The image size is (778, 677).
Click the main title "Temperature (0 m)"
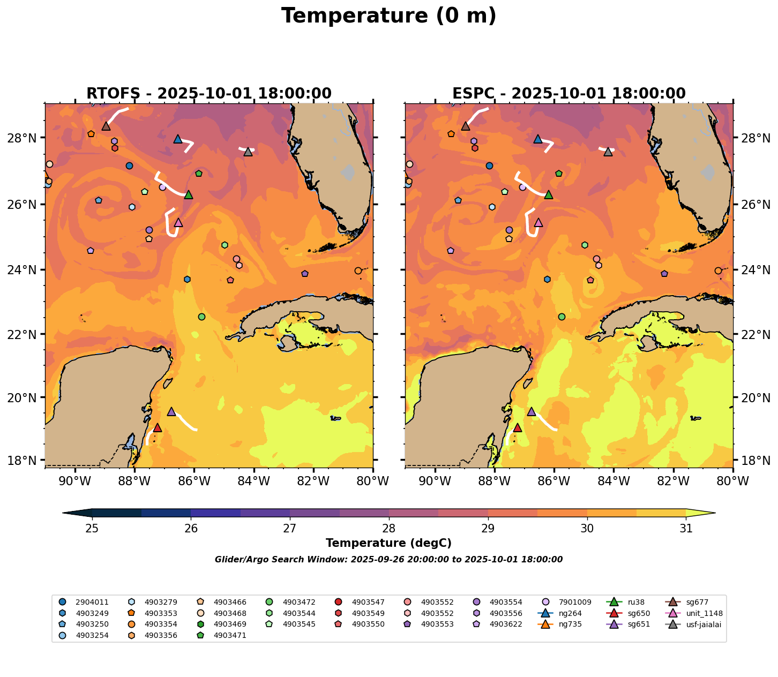tap(388, 16)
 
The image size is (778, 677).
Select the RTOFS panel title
tap(209, 94)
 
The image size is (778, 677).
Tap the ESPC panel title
tap(568, 94)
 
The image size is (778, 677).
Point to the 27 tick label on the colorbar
tap(290, 529)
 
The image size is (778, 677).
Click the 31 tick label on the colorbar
tap(686, 529)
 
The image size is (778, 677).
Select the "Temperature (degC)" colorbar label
tap(388, 543)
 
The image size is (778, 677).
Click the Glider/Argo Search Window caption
tap(388, 560)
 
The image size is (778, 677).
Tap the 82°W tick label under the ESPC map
tap(673, 482)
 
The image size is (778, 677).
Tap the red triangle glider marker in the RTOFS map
tap(158, 427)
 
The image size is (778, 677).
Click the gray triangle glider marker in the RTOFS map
tap(248, 152)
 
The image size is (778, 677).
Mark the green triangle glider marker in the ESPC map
tap(548, 194)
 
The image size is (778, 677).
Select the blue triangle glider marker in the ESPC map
tap(538, 139)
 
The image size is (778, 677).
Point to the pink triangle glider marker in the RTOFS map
tap(178, 222)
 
